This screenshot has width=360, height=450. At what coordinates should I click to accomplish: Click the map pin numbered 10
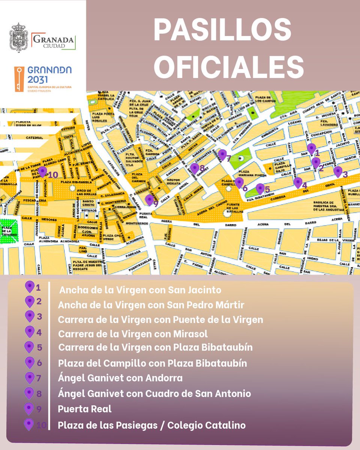42,171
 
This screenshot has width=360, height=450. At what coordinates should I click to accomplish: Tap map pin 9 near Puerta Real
149,199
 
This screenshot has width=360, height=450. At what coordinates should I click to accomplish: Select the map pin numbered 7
222,154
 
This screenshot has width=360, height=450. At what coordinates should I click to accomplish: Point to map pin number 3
338,171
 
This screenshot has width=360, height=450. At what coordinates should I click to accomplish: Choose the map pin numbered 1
311,149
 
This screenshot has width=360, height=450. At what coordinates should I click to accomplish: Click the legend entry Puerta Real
85,409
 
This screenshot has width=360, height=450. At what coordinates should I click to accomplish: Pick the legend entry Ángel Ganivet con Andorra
120,378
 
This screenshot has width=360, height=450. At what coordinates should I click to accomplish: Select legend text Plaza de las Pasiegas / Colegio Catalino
152,426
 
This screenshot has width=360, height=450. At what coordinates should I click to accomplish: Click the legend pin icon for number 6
30,363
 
